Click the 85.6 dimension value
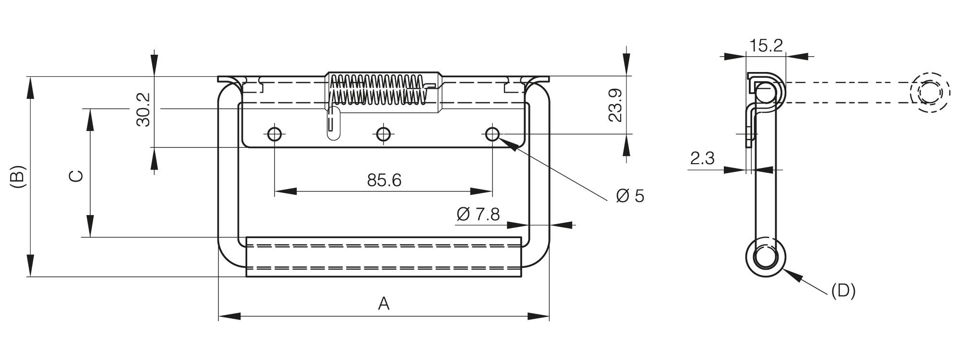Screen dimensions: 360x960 (x=384, y=180)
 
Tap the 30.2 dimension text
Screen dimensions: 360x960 (x=144, y=110)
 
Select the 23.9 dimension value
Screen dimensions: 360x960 (x=615, y=106)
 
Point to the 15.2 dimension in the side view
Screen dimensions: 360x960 (x=766, y=46)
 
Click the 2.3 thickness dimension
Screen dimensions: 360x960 (x=702, y=158)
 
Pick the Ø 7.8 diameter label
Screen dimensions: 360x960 (x=478, y=214)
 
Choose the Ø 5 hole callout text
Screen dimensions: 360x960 (x=630, y=196)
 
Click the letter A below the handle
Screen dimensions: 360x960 (x=384, y=303)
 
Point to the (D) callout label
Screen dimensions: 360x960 (x=843, y=291)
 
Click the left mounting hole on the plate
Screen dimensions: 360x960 (x=275, y=134)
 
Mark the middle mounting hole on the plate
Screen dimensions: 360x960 (x=383, y=134)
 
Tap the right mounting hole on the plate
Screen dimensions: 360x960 (x=492, y=134)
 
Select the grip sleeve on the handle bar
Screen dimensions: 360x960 (x=383, y=257)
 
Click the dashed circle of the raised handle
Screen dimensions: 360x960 (x=930, y=93)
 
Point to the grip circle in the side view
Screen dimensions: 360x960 (x=766, y=257)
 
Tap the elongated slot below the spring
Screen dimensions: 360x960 (x=332, y=123)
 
